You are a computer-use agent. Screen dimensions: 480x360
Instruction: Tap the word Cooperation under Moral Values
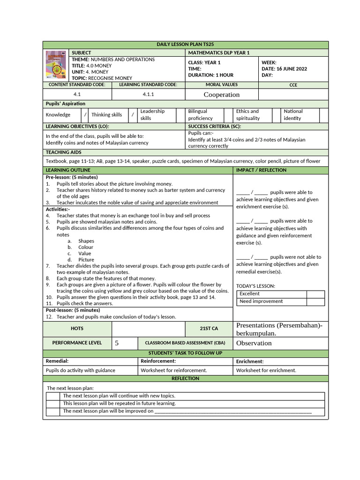(x=221, y=95)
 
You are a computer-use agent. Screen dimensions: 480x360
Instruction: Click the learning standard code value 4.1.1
(x=149, y=94)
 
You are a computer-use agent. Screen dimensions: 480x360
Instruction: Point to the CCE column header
(x=293, y=85)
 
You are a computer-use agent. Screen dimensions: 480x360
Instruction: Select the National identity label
(x=293, y=115)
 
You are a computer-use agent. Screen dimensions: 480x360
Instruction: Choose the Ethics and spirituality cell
(x=247, y=115)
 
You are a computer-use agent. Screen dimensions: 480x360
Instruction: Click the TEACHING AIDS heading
(x=63, y=152)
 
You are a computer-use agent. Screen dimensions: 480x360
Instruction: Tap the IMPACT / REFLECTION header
(x=261, y=170)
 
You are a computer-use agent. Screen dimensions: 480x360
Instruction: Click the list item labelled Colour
(x=86, y=247)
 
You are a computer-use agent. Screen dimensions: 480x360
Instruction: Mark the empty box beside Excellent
(x=315, y=294)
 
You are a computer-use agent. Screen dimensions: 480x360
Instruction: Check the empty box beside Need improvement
(x=315, y=301)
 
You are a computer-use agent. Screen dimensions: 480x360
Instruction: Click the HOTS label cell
(x=77, y=329)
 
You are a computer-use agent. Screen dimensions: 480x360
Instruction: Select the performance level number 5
(x=117, y=343)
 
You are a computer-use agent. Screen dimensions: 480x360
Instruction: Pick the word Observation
(x=254, y=343)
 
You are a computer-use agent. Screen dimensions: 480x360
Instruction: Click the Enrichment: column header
(x=250, y=361)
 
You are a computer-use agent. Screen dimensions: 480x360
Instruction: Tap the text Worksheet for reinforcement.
(x=174, y=370)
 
